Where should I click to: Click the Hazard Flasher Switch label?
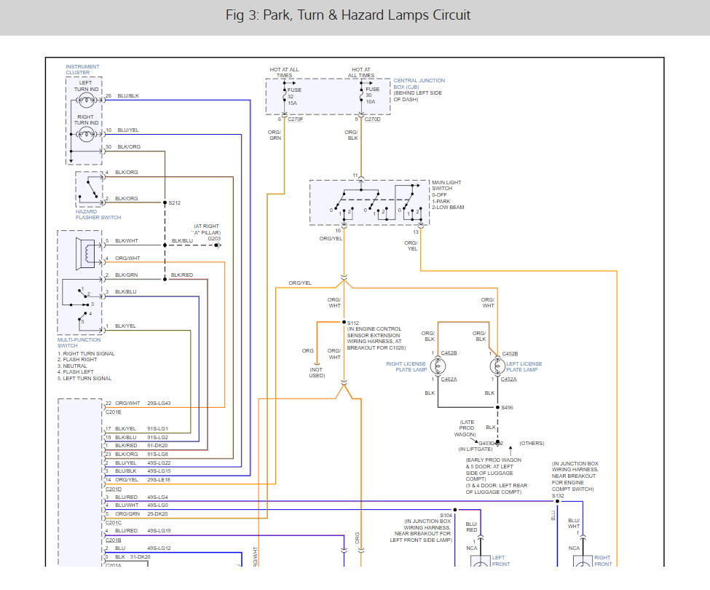(x=98, y=214)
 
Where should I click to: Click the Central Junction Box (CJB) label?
(x=419, y=90)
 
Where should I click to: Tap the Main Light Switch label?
(x=446, y=194)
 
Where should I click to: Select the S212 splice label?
(x=174, y=203)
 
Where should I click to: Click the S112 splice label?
(x=353, y=323)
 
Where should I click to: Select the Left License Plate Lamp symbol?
(x=497, y=366)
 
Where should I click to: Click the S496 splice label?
(x=508, y=408)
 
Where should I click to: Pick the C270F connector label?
(x=295, y=119)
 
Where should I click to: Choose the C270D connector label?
(x=373, y=119)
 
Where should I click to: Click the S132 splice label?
(x=558, y=495)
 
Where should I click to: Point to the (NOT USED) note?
(x=315, y=373)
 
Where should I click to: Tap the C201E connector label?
(x=114, y=412)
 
